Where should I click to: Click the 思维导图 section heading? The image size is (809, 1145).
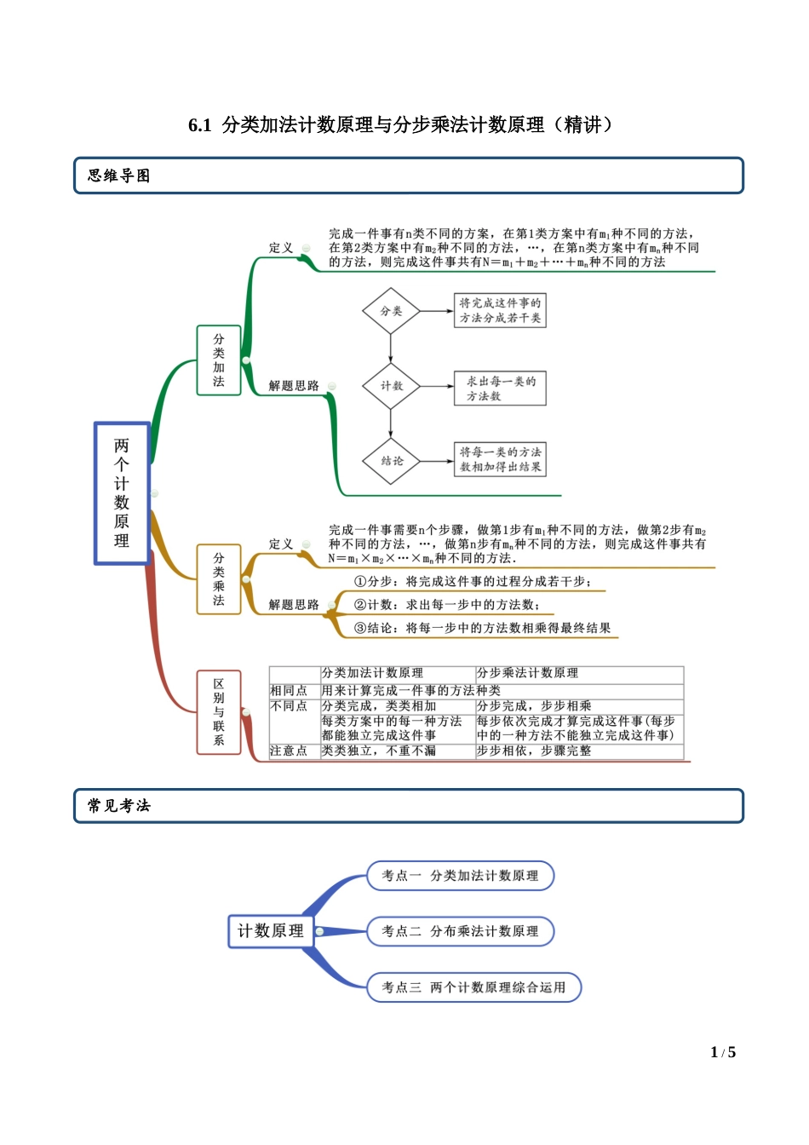point(118,175)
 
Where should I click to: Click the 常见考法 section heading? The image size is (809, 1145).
point(118,806)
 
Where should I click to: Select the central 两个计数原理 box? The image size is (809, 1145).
point(122,493)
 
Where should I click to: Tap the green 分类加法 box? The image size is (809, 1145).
point(219,360)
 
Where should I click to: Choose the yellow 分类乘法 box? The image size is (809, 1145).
point(219,579)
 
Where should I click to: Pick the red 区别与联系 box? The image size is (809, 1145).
point(219,712)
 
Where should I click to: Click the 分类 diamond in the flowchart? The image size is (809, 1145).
point(391,311)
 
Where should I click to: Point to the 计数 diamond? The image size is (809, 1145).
point(391,386)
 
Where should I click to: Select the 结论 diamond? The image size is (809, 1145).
point(392,461)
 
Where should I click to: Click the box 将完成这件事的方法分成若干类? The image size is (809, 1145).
point(500,310)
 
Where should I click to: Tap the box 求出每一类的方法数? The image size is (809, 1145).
point(500,388)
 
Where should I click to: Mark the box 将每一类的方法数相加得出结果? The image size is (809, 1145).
point(500,459)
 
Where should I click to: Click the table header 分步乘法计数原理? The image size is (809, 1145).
point(528,673)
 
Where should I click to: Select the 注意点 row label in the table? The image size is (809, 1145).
point(289,751)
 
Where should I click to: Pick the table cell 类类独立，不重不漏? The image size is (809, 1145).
point(379,751)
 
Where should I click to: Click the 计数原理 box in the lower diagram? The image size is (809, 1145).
point(271,931)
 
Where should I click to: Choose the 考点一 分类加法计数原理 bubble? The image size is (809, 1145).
point(460,876)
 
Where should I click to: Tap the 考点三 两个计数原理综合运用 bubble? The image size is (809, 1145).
point(473,987)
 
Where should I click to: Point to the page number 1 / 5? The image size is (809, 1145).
point(723,1052)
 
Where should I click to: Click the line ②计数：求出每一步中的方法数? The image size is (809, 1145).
point(447,605)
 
